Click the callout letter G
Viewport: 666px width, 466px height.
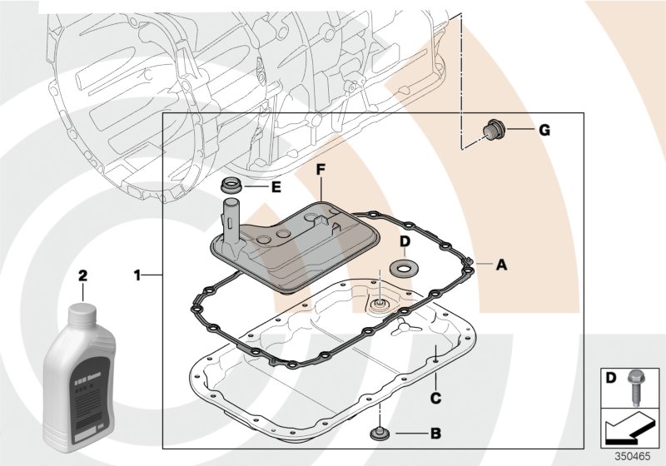[544, 130]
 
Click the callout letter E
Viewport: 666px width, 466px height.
[276, 186]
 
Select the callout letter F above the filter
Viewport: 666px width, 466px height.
[321, 169]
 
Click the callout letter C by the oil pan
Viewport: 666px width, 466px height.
[435, 399]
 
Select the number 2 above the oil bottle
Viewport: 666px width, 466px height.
[82, 274]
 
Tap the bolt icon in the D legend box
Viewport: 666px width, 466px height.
[635, 384]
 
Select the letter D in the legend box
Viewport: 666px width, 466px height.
[610, 378]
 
